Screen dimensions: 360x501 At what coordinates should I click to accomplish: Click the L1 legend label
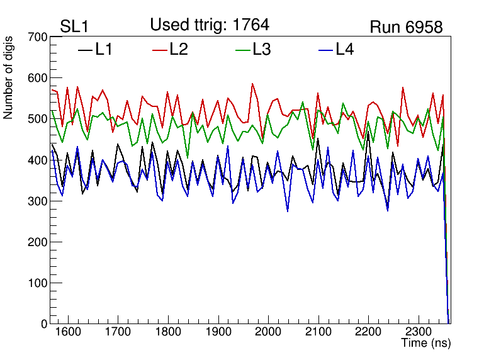point(104,49)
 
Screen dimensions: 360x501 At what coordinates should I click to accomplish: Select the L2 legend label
point(179,49)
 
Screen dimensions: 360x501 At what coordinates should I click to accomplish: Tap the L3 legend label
point(261,49)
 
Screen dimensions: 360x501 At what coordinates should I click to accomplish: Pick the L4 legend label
point(344,49)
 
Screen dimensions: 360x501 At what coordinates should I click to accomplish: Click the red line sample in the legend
point(160,50)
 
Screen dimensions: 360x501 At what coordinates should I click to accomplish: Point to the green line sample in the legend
point(243,50)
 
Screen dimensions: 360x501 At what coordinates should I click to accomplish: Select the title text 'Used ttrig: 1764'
point(210,25)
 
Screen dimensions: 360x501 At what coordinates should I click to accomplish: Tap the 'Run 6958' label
point(406,27)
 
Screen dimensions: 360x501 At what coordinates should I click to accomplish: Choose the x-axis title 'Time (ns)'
point(426,344)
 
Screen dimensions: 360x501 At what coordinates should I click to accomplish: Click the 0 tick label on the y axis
point(43,323)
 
